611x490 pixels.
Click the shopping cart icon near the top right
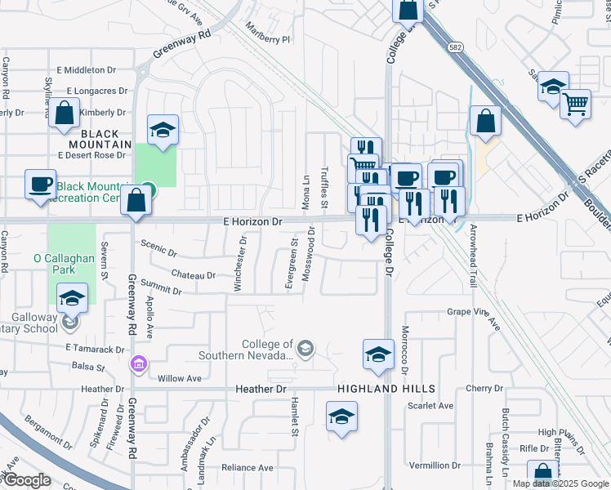576,106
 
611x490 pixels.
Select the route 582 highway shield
453,48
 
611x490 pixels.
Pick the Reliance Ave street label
247,468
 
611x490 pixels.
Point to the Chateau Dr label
194,275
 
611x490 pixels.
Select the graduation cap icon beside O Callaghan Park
73,299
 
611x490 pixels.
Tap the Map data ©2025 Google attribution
560,483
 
